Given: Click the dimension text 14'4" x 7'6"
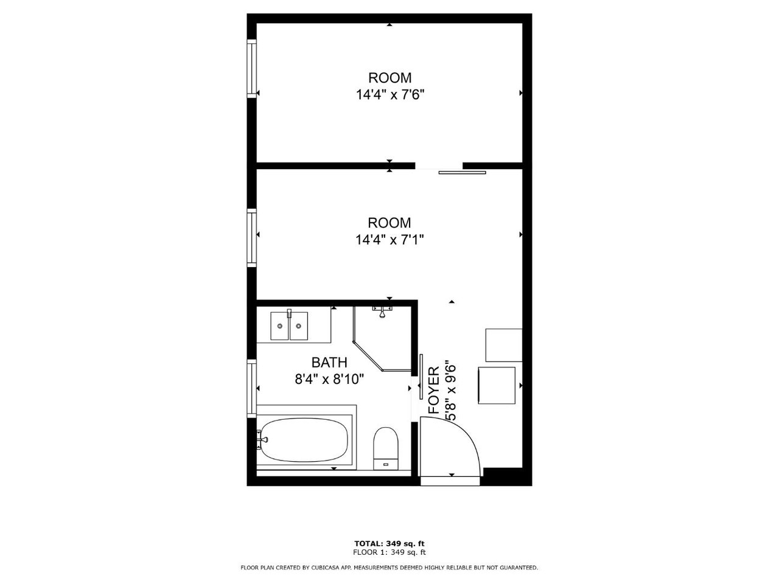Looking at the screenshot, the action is click(x=390, y=95).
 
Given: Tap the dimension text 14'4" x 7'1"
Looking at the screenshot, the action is click(x=389, y=240).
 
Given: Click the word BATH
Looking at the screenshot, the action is click(x=329, y=363).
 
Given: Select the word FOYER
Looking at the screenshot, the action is click(x=434, y=391).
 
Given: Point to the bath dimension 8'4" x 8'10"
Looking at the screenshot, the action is click(x=329, y=380).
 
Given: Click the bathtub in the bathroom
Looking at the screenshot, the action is click(x=304, y=440).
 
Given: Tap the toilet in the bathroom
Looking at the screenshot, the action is click(x=386, y=448).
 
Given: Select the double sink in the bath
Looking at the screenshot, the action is click(x=289, y=325).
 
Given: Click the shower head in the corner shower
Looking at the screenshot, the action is click(x=382, y=313).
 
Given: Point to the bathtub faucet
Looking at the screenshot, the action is click(x=262, y=440).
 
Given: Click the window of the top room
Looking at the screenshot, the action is click(x=251, y=68).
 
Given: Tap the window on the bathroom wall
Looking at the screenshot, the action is click(x=251, y=388).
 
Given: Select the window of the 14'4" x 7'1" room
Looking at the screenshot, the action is click(x=251, y=238).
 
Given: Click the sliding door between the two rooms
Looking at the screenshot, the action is click(x=462, y=173).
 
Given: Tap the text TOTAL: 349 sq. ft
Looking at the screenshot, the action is click(x=389, y=543).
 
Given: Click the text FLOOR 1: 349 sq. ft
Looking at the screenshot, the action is click(x=389, y=552).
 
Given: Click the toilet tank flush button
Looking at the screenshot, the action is click(x=386, y=464).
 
